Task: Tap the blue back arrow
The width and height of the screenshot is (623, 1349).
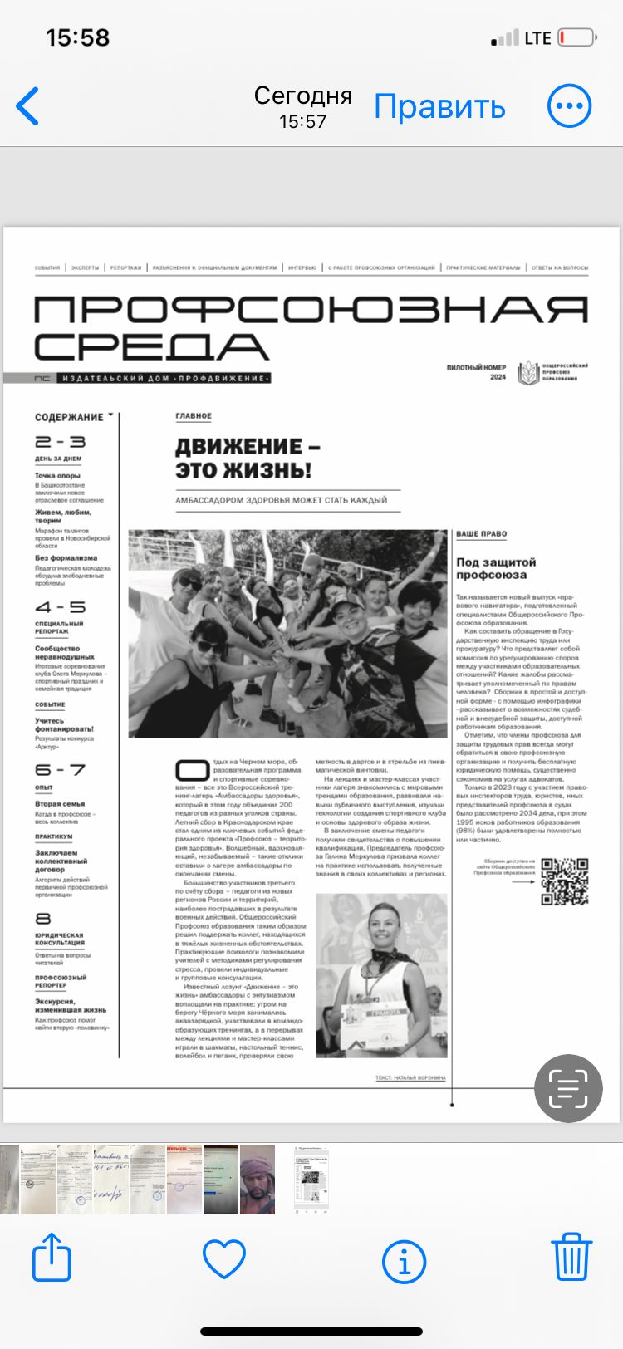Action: pyautogui.click(x=27, y=106)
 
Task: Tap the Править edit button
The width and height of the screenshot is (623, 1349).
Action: pyautogui.click(x=439, y=106)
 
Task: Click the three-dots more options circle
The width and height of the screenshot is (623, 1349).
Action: pyautogui.click(x=569, y=106)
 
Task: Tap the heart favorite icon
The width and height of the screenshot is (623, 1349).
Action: pyautogui.click(x=224, y=1258)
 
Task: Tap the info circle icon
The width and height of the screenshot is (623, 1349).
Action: pyautogui.click(x=404, y=1261)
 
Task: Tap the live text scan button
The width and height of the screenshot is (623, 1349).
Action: pyautogui.click(x=568, y=1088)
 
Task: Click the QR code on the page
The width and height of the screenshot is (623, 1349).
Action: pyautogui.click(x=565, y=881)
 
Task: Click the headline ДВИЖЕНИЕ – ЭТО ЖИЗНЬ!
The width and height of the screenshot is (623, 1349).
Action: pyautogui.click(x=247, y=458)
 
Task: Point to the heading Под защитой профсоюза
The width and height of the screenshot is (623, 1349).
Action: pyautogui.click(x=496, y=568)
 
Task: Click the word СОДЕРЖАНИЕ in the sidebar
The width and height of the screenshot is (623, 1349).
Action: pyautogui.click(x=69, y=417)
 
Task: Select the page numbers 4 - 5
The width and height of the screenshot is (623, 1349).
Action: pyautogui.click(x=60, y=607)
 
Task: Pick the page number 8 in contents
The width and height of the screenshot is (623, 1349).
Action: pyautogui.click(x=43, y=918)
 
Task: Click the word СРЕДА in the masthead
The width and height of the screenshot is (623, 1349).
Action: pyautogui.click(x=151, y=346)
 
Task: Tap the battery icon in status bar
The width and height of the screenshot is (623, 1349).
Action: pyautogui.click(x=577, y=37)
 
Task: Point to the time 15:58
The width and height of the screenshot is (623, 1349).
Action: pyautogui.click(x=77, y=37)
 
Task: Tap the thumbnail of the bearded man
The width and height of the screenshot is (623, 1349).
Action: pyautogui.click(x=257, y=1180)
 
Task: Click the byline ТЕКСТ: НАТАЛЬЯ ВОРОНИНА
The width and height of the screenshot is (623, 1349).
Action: pyautogui.click(x=410, y=1077)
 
